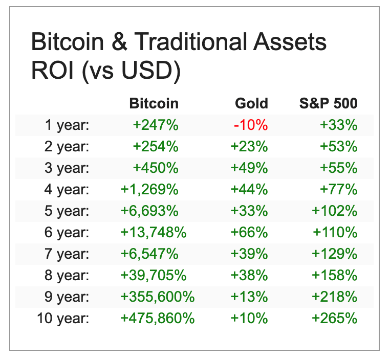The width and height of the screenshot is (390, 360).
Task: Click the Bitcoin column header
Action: [154, 104]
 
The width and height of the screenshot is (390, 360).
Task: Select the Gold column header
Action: [251, 104]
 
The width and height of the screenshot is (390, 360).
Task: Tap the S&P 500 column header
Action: [328, 104]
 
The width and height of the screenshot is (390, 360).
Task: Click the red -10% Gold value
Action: [251, 125]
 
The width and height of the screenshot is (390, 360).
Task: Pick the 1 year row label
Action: [67, 125]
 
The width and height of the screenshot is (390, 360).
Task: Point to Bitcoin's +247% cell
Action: [156, 125]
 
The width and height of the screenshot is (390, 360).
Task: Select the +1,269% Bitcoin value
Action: [149, 190]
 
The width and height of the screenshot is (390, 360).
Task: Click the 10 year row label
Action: [63, 319]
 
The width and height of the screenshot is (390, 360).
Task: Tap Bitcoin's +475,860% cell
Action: [157, 319]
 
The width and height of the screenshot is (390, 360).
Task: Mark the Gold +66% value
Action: [249, 233]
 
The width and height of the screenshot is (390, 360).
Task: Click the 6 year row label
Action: [67, 233]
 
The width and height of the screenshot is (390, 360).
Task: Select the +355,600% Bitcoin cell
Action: [157, 297]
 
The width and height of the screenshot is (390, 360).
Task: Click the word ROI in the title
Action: [51, 72]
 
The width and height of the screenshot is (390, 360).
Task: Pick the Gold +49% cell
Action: [249, 168]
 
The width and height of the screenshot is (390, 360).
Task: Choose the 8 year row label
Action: [67, 276]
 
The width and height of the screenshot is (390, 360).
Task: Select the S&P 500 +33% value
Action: [338, 125]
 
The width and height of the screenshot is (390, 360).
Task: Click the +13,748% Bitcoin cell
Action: [153, 233]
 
